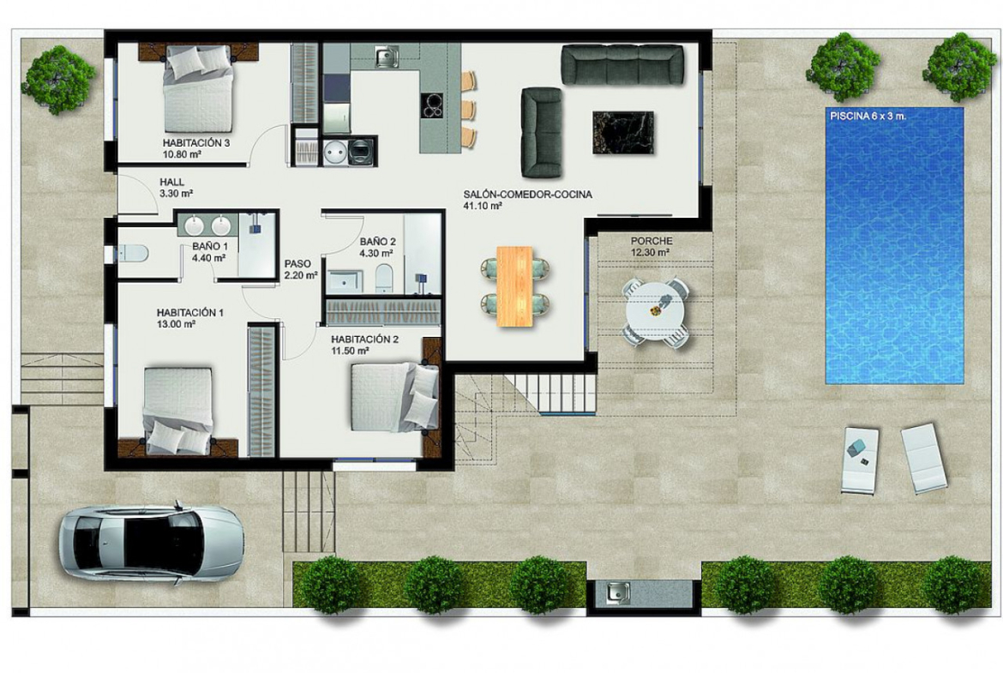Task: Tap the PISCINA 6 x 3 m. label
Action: coord(868,117)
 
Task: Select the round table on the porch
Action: coord(657,312)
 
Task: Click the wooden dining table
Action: coord(515,286)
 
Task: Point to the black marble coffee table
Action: coord(623,132)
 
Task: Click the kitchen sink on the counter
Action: coord(387,57)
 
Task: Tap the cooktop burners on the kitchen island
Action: coord(434,105)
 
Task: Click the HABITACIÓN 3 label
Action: coord(195,143)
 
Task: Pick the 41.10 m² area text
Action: coord(483,206)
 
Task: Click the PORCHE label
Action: coord(652,241)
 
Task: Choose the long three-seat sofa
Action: coord(622,64)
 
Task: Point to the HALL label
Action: coord(172,183)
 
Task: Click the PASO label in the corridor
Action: coord(298,263)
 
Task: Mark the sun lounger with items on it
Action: coord(861,460)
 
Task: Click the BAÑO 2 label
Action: coord(377,242)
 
